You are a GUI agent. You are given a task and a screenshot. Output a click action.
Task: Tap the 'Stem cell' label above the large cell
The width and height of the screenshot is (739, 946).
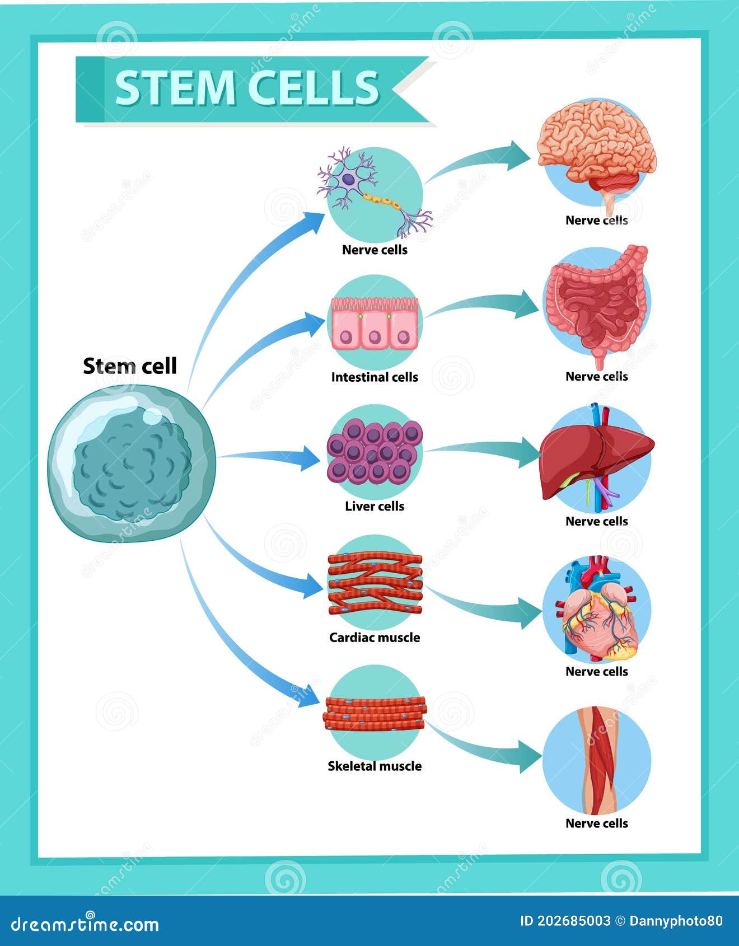pos(130,366)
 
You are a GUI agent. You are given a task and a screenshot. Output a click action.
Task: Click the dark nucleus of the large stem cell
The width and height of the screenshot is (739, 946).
pos(132,468)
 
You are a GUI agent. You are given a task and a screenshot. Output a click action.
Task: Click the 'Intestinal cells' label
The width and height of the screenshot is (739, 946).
pos(375,377)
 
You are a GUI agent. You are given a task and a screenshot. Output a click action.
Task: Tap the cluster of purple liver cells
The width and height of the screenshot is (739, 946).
pos(375,452)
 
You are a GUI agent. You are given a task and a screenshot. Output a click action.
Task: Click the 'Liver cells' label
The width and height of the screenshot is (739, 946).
pos(375,507)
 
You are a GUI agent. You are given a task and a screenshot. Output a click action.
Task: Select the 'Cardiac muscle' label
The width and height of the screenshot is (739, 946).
pos(375,638)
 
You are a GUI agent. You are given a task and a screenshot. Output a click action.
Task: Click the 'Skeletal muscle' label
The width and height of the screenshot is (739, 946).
pos(375,766)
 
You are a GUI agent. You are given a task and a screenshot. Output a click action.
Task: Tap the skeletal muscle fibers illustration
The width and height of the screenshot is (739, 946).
pos(375,713)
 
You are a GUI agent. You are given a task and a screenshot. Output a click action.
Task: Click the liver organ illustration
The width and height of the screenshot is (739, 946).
pos(597,456)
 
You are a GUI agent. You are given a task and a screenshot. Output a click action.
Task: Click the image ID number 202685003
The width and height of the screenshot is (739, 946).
pos(565,921)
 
